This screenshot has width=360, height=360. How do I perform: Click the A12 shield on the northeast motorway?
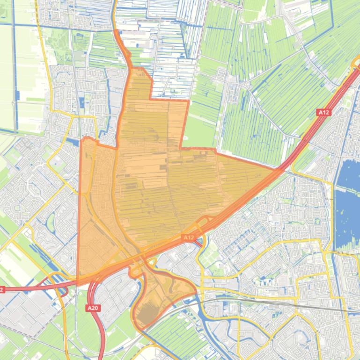click(323, 112)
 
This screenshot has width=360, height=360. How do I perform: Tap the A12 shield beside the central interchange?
click(188, 238)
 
